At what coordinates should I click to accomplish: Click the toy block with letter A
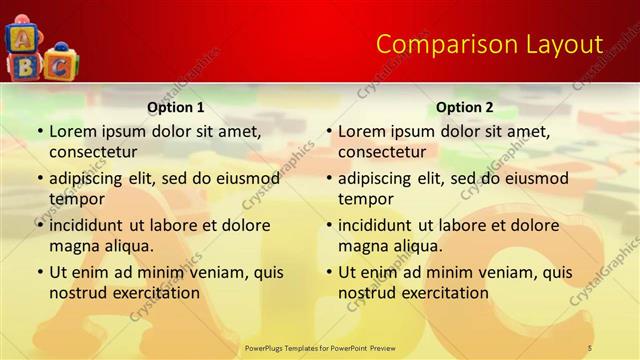point(20,38)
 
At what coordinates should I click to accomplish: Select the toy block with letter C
point(60,65)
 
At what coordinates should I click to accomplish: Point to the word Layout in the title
point(564,44)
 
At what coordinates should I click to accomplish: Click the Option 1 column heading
point(176,107)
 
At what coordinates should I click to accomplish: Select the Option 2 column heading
point(465,107)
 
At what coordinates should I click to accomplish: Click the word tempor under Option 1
point(76,199)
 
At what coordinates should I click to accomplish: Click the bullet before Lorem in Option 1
point(39,132)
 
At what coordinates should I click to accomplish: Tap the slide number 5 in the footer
point(589,347)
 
